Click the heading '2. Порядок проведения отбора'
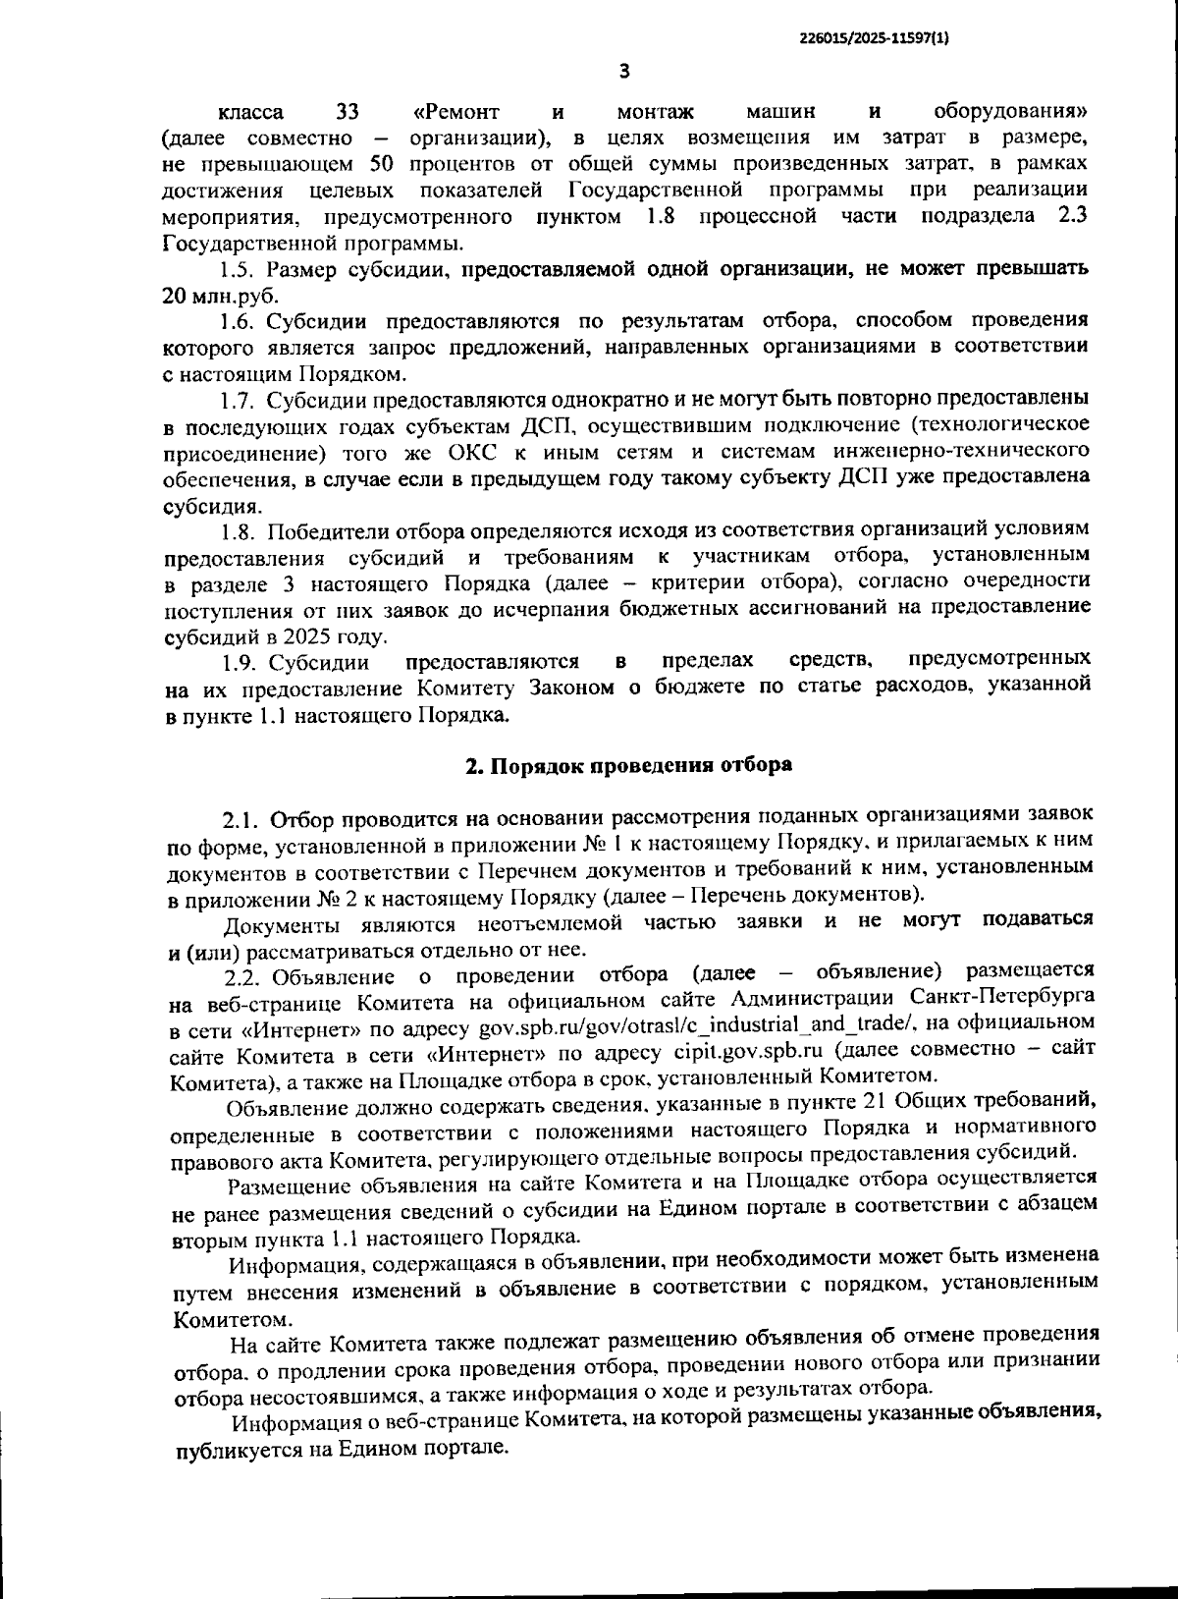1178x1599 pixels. (x=628, y=765)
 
